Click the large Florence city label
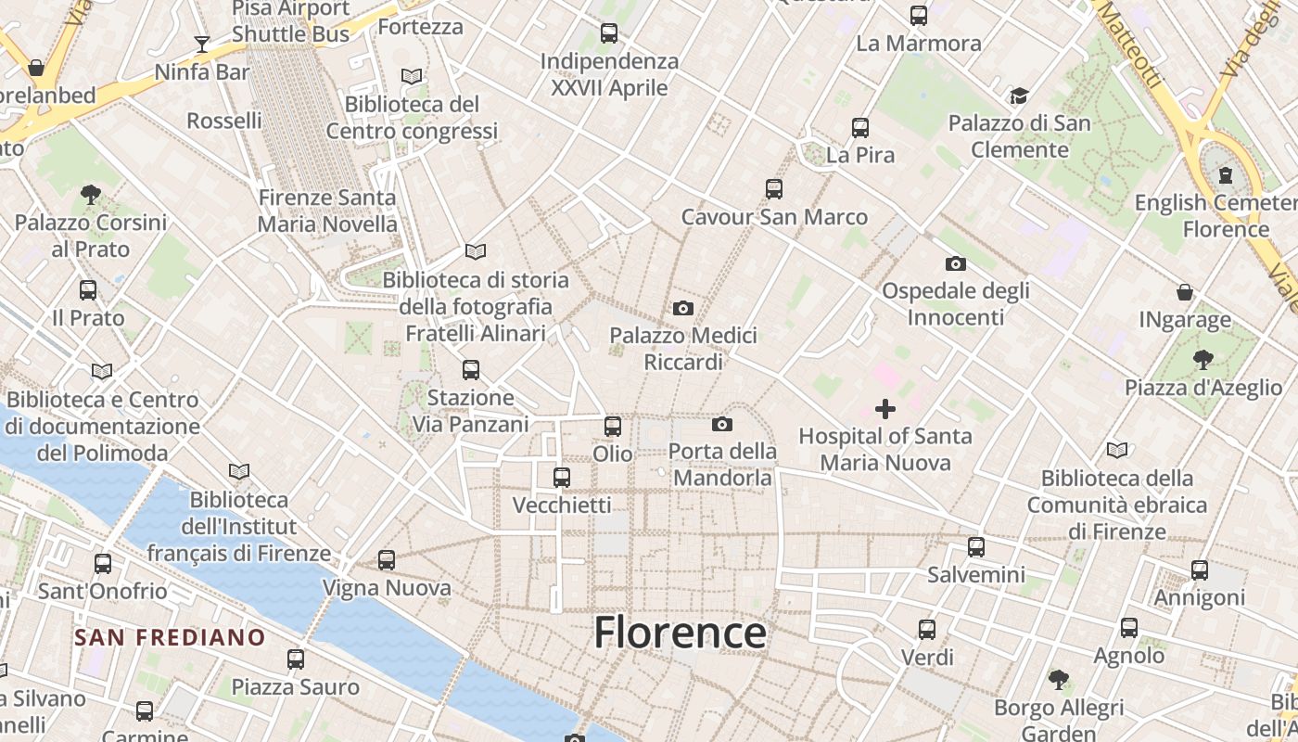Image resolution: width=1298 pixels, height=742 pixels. coord(680,633)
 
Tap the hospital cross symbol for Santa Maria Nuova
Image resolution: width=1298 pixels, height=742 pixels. coord(885,408)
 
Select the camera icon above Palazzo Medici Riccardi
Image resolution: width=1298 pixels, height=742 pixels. coord(683,308)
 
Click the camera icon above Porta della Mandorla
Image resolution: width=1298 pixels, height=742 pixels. coord(722,425)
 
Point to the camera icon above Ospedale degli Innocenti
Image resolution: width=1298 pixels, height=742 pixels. coord(956,264)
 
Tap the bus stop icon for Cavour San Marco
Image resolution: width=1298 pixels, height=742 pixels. coord(774,189)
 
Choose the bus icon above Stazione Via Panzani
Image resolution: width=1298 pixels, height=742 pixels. coord(471,370)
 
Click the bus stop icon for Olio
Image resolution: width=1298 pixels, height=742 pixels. coord(613,427)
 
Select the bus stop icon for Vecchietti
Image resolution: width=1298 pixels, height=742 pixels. coord(562,478)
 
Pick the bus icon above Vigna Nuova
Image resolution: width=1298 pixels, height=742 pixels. coord(387,560)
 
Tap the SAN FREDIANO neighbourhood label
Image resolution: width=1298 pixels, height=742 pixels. coord(170,638)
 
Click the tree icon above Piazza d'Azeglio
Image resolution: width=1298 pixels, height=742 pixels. coord(1203,359)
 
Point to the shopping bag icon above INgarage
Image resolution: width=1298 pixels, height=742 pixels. coord(1185,292)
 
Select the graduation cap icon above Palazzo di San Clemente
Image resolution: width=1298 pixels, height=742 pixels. coord(1019,96)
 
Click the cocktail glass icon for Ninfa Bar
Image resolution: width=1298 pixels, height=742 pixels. coord(201,44)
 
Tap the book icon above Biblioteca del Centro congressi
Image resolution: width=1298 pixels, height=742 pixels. coord(412,76)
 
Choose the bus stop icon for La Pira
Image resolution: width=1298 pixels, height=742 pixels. coord(860,127)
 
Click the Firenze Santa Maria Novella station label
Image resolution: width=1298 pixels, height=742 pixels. coord(327,211)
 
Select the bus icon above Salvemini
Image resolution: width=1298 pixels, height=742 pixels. coord(976,547)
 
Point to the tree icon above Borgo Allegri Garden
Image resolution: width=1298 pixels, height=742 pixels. coord(1059,680)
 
